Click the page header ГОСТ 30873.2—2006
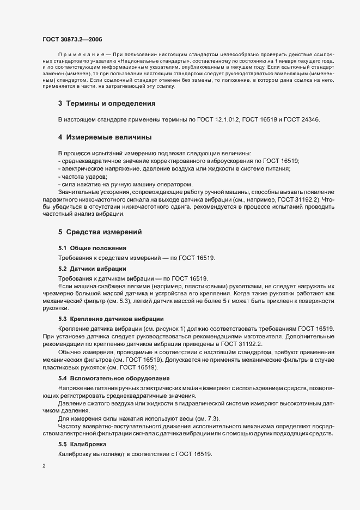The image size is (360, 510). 72,39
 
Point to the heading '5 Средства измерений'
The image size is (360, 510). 100,232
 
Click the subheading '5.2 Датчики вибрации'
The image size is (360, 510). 92,269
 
